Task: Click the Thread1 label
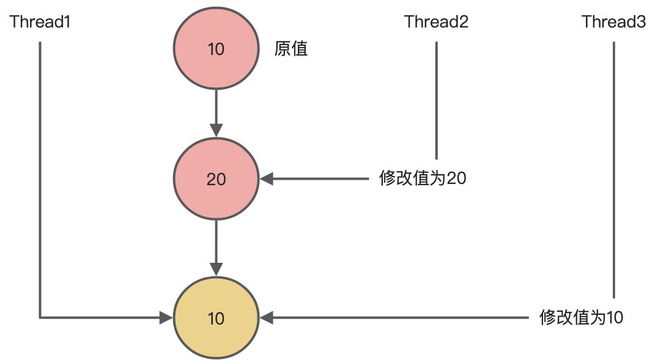click(40, 23)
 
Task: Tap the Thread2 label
click(436, 23)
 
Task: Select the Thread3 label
click(613, 23)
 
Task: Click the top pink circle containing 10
click(216, 49)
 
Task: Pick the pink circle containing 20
click(216, 179)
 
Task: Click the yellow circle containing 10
click(216, 318)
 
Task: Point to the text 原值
click(291, 49)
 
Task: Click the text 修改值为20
click(423, 179)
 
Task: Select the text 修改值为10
click(582, 318)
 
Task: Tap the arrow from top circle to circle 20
click(216, 110)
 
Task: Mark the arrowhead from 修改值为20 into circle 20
click(267, 179)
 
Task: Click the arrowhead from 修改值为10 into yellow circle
click(267, 318)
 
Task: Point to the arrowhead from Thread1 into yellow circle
click(166, 318)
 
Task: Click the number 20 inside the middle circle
click(216, 179)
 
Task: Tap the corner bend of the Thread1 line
click(40, 317)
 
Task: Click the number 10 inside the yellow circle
click(216, 318)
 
